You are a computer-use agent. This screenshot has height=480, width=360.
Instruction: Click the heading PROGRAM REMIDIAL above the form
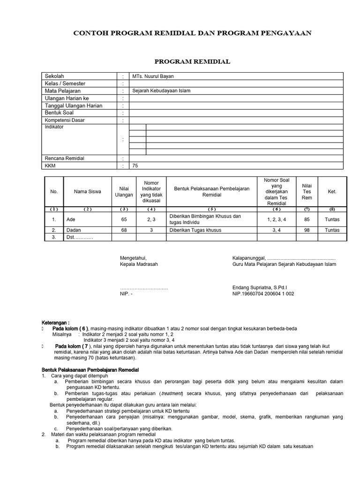(192, 61)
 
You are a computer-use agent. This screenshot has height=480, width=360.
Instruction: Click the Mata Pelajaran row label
(62, 91)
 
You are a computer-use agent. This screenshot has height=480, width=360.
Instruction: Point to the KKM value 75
(135, 165)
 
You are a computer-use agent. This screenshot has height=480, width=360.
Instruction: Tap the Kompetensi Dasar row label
(64, 120)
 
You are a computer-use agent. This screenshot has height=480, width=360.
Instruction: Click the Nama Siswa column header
(87, 191)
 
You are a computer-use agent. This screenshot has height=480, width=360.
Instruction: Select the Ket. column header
(332, 191)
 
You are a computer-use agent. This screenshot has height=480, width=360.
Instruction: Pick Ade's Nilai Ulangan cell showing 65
(124, 219)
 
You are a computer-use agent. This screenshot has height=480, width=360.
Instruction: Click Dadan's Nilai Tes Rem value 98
(307, 230)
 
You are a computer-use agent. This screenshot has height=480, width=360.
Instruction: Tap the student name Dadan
(74, 230)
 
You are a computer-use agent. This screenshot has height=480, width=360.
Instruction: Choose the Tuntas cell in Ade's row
(332, 219)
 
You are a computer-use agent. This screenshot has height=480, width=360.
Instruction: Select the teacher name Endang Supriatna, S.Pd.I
(260, 287)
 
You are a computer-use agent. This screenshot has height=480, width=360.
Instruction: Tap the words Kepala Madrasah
(139, 264)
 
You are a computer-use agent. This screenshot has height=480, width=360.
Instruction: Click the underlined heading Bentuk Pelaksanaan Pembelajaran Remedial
(90, 370)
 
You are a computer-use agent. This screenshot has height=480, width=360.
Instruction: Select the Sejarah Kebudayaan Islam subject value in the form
(162, 91)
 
